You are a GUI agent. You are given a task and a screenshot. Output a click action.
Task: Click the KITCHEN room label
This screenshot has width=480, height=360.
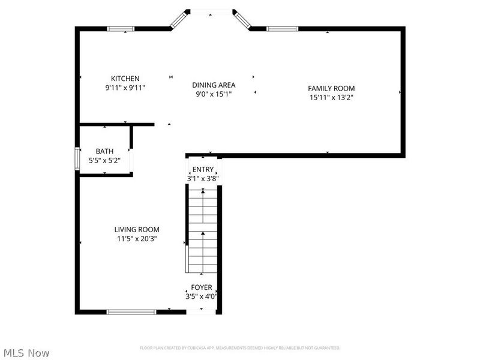125,79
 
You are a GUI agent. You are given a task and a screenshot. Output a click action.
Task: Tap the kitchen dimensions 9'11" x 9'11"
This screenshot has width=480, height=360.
125,88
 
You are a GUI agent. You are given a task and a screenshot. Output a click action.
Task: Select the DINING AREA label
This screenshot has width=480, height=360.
214,85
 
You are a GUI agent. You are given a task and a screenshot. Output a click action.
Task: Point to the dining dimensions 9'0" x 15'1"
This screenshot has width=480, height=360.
214,94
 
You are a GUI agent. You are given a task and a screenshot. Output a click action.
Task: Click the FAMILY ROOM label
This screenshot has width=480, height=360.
332,88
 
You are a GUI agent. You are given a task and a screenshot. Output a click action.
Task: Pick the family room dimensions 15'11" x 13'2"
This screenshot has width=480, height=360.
332,97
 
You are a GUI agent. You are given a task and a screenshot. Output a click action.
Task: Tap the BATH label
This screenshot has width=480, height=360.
105,152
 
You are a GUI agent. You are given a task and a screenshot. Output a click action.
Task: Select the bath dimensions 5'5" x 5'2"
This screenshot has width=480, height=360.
105,161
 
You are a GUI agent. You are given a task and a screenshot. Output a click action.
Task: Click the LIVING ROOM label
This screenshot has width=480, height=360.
137,229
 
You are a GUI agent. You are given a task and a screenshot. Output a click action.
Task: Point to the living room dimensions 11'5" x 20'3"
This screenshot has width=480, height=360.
137,238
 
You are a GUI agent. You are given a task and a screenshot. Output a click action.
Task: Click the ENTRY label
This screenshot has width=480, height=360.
203,170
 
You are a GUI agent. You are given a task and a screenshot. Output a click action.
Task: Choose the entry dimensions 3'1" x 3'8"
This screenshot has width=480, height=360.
203,178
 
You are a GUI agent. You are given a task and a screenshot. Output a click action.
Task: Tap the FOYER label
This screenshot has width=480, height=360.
202,287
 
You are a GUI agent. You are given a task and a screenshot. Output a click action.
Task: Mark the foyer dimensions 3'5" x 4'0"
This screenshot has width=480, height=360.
202,296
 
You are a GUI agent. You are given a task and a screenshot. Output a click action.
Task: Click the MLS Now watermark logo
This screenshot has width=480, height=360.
26,353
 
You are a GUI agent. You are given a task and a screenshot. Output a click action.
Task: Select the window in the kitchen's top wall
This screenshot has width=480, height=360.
121,28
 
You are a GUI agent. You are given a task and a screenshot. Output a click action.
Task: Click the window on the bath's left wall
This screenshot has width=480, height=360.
77,160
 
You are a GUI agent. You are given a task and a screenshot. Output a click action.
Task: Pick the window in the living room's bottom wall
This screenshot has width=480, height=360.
131,311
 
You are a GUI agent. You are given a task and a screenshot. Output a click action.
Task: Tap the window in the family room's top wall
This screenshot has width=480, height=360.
282,28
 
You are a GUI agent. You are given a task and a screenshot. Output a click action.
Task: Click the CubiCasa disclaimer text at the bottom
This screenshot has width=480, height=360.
240,348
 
